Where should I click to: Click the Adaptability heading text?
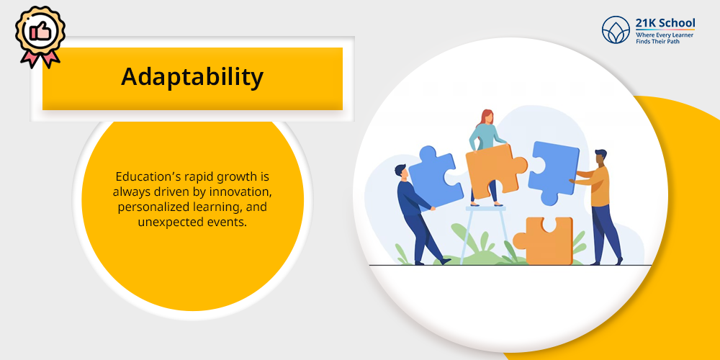coord(192,77)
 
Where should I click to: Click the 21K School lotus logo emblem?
coord(616,30)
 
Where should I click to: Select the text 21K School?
coord(665,24)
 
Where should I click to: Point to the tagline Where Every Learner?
coord(665,35)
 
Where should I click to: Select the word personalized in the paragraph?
coord(146,208)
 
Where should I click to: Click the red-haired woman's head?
coord(487,117)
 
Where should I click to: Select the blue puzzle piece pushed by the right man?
coord(553,172)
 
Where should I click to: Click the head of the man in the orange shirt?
coord(600,158)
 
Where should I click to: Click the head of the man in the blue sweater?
coord(400,172)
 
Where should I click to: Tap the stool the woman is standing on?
coord(486,234)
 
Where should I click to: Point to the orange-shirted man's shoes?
coord(607,262)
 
